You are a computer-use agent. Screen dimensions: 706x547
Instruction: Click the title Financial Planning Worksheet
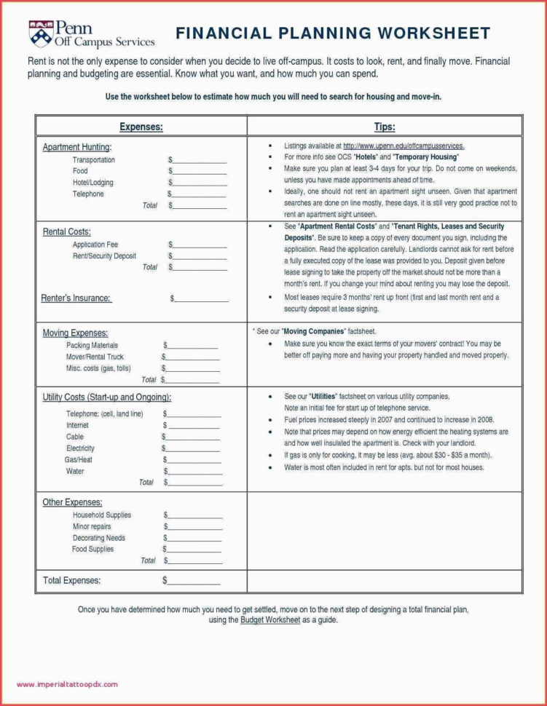click(333, 33)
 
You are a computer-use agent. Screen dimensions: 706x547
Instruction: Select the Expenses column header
click(141, 127)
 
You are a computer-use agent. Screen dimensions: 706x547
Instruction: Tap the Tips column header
click(385, 127)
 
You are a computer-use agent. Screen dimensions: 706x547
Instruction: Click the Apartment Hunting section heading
click(76, 147)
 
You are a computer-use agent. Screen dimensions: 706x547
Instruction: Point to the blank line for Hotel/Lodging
click(200, 183)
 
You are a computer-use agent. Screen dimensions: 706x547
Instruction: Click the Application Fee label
click(95, 245)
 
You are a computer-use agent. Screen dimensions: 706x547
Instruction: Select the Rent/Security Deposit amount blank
click(200, 256)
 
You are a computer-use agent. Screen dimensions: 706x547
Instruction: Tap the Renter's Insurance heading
click(76, 298)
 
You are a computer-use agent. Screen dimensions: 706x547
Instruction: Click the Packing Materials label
click(92, 345)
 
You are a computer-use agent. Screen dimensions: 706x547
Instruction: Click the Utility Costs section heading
click(107, 397)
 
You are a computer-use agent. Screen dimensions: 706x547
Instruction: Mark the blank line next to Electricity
click(194, 448)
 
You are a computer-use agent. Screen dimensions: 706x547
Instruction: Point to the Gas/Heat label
click(79, 460)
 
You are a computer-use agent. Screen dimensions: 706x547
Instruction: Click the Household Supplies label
click(101, 515)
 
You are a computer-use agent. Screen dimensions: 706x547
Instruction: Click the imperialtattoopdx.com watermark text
click(66, 684)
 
